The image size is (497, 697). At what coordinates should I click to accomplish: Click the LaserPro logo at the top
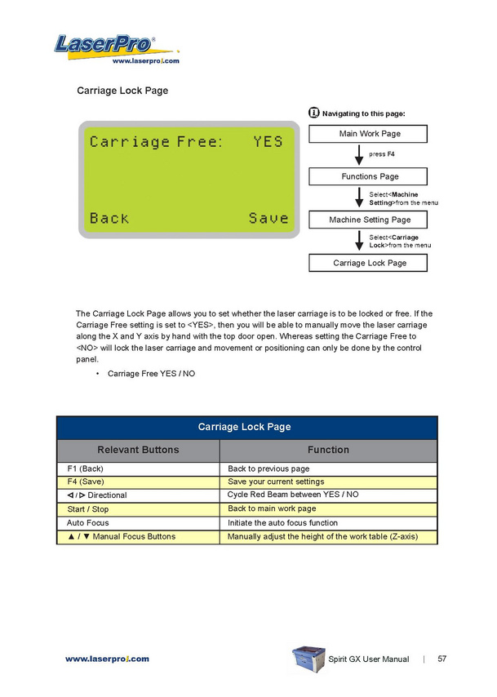coord(105,44)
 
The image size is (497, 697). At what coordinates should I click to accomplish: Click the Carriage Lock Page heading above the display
coord(122,91)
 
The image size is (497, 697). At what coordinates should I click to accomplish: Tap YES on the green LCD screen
coord(268,141)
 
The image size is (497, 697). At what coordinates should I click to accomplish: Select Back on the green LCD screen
coord(109,218)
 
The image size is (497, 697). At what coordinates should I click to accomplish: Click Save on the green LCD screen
coord(268,218)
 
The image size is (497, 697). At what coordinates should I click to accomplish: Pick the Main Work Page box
coord(369,133)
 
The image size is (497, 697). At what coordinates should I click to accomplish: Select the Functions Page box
coord(369,176)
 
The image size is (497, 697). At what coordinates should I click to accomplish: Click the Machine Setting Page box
coord(369,220)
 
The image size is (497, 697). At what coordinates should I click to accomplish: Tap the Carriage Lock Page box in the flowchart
coord(369,263)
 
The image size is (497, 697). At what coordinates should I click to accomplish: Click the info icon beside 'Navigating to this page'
coord(314,113)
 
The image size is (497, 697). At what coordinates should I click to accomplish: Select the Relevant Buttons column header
coord(138,450)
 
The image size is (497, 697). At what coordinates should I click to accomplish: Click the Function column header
coord(328,450)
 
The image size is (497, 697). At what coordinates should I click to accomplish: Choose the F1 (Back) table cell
coord(138,469)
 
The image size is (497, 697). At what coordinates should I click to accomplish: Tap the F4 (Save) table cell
coord(138,482)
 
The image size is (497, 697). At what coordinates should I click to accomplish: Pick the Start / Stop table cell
coord(138,509)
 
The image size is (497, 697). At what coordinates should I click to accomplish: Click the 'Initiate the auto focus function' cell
coord(328,523)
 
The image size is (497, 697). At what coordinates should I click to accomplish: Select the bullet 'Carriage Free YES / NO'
coord(151,374)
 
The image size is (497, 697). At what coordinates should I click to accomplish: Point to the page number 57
coord(442,659)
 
